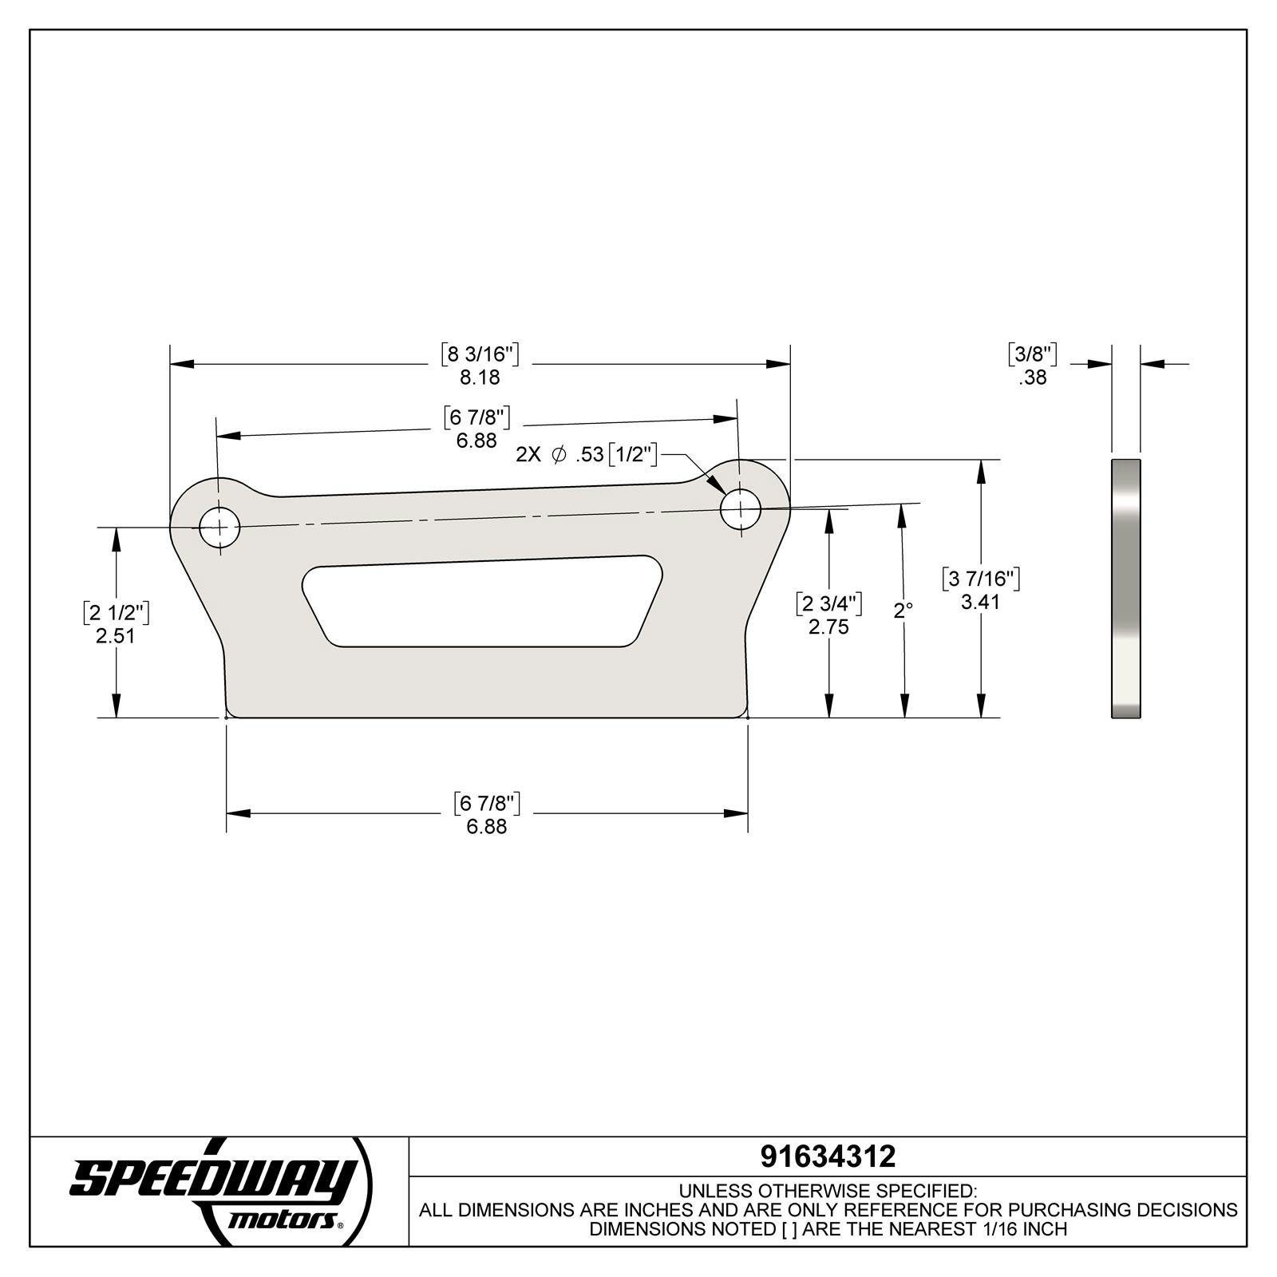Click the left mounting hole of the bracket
(x=219, y=527)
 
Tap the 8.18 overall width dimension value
(x=480, y=377)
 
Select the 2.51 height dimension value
(x=116, y=636)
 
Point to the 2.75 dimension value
(x=828, y=627)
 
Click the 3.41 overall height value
(x=980, y=602)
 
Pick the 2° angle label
(x=903, y=611)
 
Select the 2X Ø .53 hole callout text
(x=587, y=455)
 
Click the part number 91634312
(x=828, y=1156)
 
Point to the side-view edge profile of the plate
(x=1125, y=588)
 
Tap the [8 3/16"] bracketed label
(x=480, y=354)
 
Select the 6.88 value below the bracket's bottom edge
(x=487, y=826)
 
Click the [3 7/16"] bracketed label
(x=981, y=579)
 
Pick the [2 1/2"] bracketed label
(x=116, y=613)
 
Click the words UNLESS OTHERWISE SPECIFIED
(x=828, y=1192)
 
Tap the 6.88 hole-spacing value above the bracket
(x=476, y=441)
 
